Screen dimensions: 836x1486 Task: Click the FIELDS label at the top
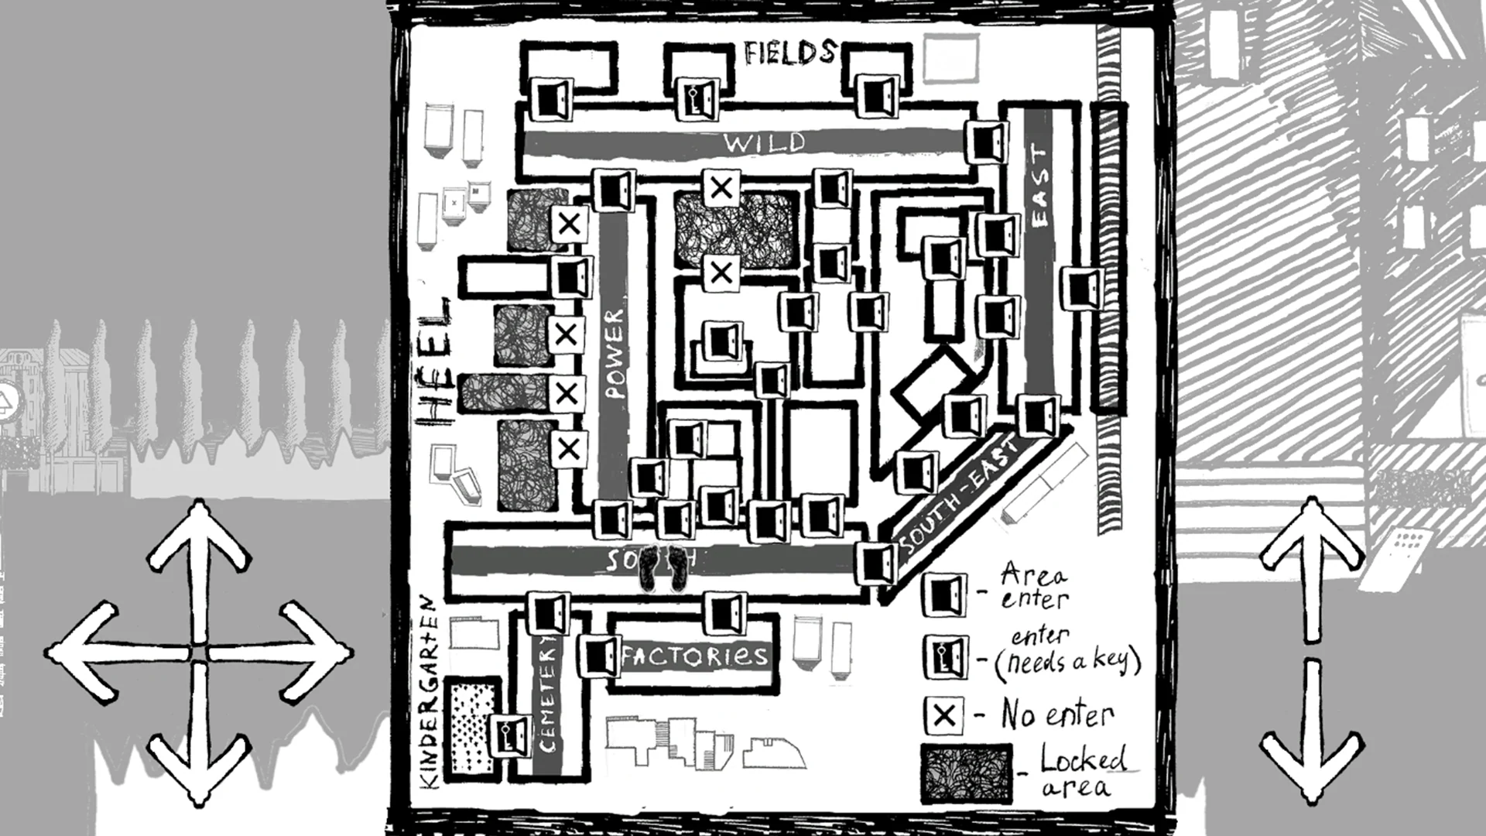pyautogui.click(x=790, y=53)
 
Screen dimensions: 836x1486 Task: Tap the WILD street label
pyautogui.click(x=765, y=142)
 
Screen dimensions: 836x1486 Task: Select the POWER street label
pyautogui.click(x=615, y=354)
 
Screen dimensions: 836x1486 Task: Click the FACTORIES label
pyautogui.click(x=694, y=657)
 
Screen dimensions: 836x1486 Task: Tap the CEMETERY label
pyautogui.click(x=547, y=694)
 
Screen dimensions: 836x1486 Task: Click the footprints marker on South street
pyautogui.click(x=666, y=567)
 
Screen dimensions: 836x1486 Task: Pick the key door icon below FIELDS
pyautogui.click(x=698, y=98)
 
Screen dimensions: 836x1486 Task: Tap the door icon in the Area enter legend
pyautogui.click(x=944, y=594)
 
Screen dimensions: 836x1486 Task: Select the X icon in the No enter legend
pyautogui.click(x=944, y=714)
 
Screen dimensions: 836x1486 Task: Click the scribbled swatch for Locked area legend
pyautogui.click(x=966, y=774)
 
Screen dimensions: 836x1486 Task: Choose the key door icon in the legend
pyautogui.click(x=944, y=656)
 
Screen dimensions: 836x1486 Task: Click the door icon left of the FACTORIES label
pyautogui.click(x=598, y=656)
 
